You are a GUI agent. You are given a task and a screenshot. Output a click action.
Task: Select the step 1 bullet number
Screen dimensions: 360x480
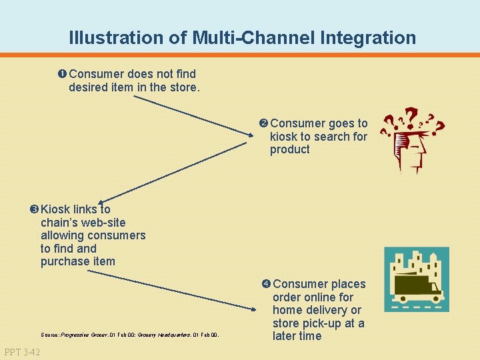62,73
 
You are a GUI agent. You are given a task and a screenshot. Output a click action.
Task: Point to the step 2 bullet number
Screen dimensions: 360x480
263,123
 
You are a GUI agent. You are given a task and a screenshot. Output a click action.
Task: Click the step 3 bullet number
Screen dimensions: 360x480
34,209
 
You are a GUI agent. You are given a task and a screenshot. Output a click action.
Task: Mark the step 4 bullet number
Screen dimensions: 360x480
266,284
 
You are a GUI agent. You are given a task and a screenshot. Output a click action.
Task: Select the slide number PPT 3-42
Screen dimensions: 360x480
21,351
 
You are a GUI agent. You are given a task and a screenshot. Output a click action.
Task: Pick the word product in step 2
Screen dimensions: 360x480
290,149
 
